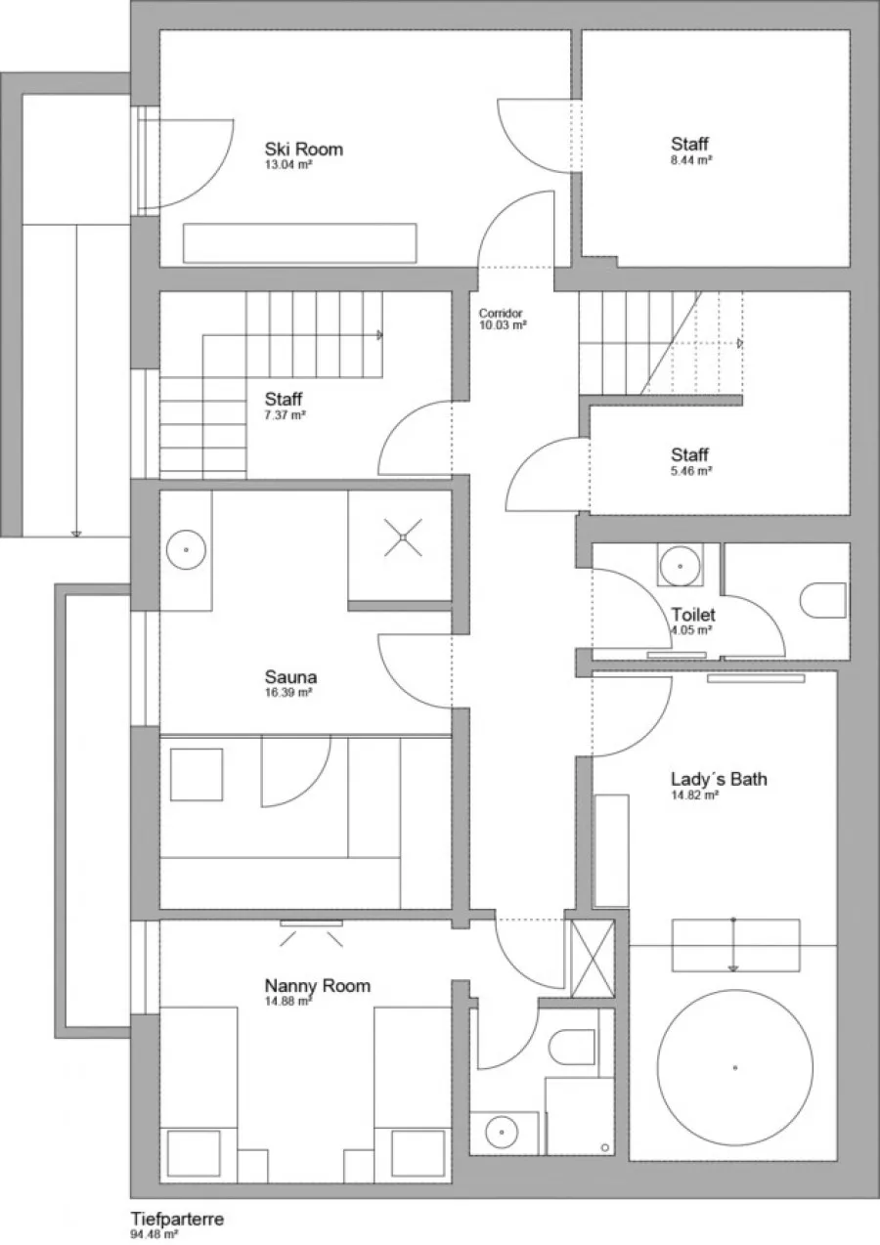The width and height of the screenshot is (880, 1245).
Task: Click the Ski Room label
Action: [x=303, y=149]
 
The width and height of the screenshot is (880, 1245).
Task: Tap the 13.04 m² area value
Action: [x=288, y=164]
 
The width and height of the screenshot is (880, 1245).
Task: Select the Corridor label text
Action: [x=501, y=313]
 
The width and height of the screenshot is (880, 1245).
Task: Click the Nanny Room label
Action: [x=317, y=985]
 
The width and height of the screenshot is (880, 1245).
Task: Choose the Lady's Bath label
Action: [x=719, y=779]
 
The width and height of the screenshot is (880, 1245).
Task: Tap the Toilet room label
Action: [x=693, y=615]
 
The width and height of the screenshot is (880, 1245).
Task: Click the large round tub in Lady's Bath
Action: [x=735, y=1067]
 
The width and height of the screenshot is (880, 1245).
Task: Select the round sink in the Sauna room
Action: [x=186, y=549]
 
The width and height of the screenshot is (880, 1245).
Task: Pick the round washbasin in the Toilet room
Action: [x=680, y=566]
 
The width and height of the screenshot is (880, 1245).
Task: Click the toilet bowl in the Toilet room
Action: [x=823, y=600]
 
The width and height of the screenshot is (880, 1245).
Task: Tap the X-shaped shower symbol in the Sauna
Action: [x=403, y=537]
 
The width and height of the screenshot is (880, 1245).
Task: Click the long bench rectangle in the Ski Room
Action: [x=300, y=243]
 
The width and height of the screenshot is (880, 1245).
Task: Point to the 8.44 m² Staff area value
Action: [x=692, y=159]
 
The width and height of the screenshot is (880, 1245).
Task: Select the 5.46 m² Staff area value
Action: [x=692, y=470]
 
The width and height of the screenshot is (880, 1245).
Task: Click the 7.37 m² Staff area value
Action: [x=286, y=414]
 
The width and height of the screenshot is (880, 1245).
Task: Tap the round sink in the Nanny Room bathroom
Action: [x=502, y=1133]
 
